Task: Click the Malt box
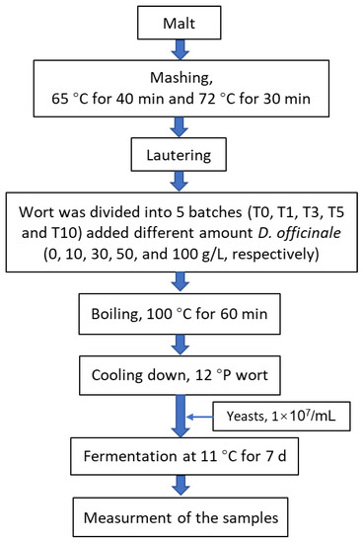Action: coord(181,20)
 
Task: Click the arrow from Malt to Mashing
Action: coord(181,47)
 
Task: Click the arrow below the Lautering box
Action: coord(181,180)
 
